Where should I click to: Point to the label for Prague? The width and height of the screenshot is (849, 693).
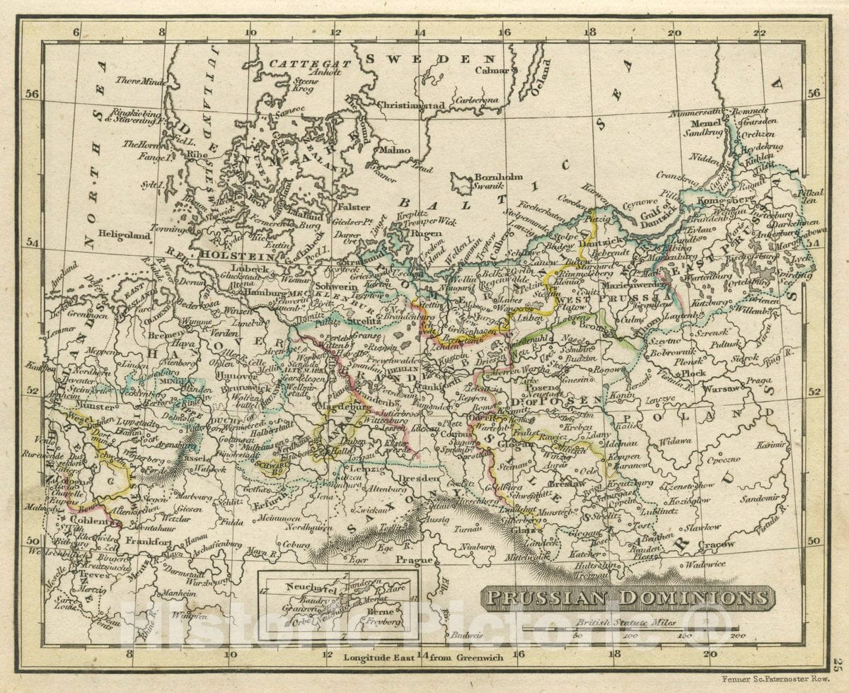click(x=413, y=560)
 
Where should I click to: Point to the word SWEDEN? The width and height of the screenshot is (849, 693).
click(x=429, y=59)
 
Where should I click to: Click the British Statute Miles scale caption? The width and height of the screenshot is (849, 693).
click(x=625, y=623)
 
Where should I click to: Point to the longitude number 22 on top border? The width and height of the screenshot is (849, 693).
click(x=759, y=33)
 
